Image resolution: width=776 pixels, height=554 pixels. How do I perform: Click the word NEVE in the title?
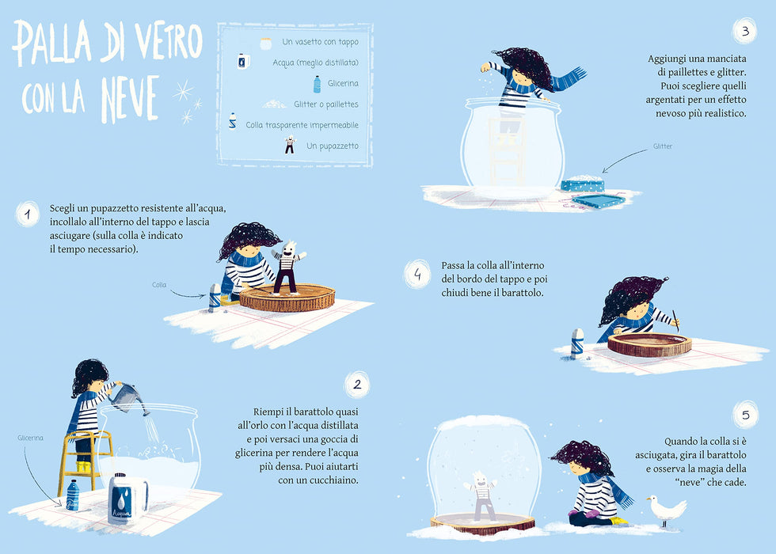[130, 99]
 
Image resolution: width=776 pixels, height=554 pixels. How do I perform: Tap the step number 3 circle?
[745, 31]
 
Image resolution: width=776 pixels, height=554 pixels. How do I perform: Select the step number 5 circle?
[745, 415]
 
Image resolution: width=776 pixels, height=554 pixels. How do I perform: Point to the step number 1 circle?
[28, 214]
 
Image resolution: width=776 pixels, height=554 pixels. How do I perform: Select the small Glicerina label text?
[30, 438]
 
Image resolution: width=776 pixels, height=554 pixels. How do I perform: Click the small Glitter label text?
[663, 146]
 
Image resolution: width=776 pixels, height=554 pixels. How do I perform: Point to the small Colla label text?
[159, 284]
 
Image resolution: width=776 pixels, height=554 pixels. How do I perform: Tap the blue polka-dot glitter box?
[583, 183]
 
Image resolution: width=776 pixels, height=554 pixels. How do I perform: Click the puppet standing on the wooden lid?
[287, 268]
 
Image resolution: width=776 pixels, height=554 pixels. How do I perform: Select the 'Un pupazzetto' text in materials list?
[332, 146]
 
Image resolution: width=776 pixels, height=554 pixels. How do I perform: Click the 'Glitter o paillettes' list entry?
[325, 104]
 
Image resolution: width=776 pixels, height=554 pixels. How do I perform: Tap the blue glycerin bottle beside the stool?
[73, 495]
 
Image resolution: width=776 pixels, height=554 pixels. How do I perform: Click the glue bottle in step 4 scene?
[577, 343]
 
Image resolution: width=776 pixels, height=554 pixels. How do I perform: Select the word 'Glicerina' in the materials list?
[343, 83]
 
